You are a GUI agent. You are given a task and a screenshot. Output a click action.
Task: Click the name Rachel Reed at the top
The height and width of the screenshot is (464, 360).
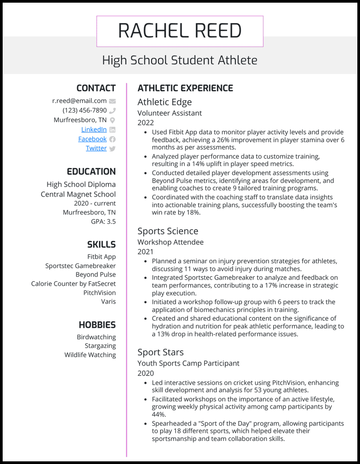point(180,31)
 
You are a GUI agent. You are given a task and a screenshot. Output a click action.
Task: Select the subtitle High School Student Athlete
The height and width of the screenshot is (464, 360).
point(180,60)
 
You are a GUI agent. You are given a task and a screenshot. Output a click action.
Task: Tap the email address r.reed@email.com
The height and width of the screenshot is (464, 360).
point(79,101)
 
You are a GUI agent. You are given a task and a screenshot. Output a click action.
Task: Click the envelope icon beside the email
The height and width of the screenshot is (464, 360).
point(112,101)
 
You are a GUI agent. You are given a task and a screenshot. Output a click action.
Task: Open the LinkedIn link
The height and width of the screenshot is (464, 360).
point(94,129)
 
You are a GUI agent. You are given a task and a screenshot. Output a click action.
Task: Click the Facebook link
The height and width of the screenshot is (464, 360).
point(92,139)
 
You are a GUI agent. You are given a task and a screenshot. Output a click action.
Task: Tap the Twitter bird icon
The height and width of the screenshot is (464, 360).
point(112,148)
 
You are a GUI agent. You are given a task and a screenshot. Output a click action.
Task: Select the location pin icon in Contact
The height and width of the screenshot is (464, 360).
point(112,120)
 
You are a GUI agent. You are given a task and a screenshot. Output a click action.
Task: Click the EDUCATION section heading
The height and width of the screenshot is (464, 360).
point(91,172)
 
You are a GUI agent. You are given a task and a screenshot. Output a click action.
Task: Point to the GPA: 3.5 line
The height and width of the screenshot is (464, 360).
point(103,221)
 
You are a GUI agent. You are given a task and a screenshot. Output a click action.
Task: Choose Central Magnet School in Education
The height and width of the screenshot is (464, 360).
point(78,194)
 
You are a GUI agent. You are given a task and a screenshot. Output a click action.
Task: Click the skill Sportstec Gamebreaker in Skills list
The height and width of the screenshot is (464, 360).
point(80,266)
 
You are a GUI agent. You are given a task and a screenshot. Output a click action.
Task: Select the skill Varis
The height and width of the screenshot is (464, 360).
point(108,302)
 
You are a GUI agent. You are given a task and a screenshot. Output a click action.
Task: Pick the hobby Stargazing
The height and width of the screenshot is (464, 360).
point(100,346)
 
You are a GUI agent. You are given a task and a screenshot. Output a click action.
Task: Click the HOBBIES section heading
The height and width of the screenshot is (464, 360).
point(97,325)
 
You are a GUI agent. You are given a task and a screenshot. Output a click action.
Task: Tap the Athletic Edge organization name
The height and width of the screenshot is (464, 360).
point(164,102)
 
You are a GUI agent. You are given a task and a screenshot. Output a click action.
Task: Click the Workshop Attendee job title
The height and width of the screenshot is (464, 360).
point(170,242)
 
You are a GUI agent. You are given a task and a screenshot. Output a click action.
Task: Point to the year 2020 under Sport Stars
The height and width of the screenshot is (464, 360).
point(145,373)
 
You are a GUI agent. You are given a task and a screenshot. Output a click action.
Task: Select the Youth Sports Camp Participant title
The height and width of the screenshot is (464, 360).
point(188,363)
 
